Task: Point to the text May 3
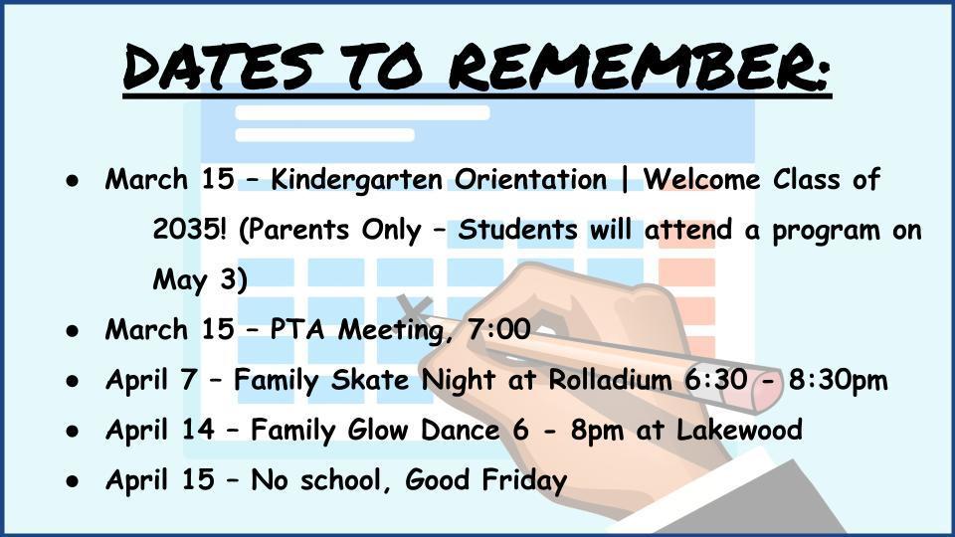(194, 280)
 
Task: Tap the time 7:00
(499, 329)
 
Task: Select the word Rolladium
(610, 380)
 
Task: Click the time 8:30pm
(838, 381)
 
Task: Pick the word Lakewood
(739, 430)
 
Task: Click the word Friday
(524, 480)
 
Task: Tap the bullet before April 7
(73, 381)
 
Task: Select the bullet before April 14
(73, 431)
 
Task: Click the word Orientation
(530, 180)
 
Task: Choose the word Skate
(370, 380)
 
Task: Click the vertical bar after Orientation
(625, 180)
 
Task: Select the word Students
(517, 230)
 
